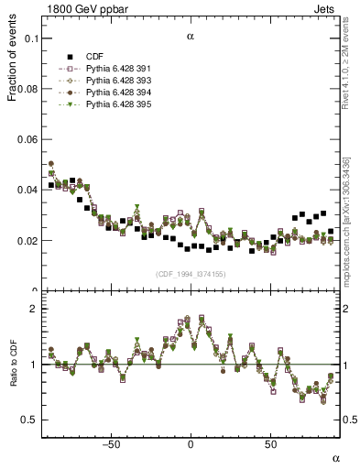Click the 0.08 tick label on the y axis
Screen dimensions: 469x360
[x=27, y=90]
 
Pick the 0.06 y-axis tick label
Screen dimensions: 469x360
[x=27, y=140]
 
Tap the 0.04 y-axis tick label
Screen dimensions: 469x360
[x=27, y=191]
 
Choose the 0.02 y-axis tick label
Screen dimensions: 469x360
[x=27, y=241]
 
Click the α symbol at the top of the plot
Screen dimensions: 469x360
[x=190, y=38]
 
